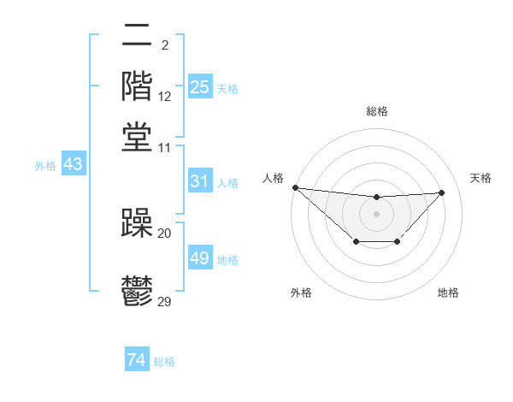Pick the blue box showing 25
(199, 86)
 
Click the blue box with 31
(199, 181)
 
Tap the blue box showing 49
(199, 258)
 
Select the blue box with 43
(73, 164)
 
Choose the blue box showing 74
(136, 360)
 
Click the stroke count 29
(165, 302)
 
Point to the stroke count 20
(165, 234)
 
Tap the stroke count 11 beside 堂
(165, 147)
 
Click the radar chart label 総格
(376, 111)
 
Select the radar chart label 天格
(481, 178)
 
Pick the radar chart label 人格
(273, 178)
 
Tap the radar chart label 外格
(300, 293)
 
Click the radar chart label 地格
(448, 293)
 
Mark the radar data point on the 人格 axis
(295, 187)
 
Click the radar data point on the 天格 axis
(441, 192)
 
